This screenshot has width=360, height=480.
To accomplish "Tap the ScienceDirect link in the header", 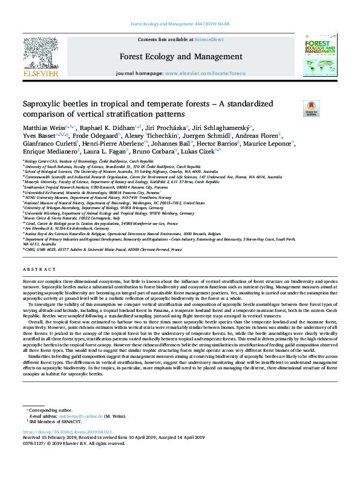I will click(x=209, y=39).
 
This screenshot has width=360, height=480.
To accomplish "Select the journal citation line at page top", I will click(x=180, y=25).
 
